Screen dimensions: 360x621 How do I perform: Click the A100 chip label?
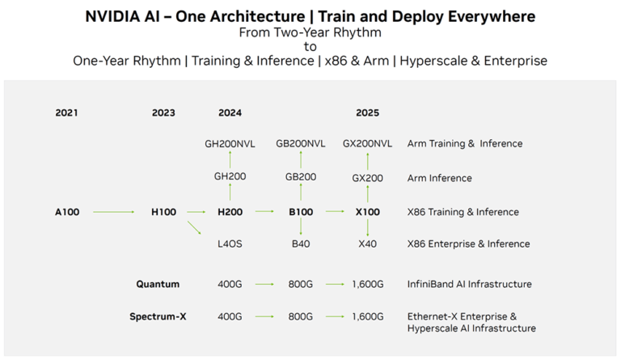68,212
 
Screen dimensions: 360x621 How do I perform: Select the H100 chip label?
164,212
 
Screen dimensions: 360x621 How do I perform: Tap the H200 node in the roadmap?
230,212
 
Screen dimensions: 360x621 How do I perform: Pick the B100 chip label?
300,212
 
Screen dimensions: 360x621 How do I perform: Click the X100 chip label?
367,212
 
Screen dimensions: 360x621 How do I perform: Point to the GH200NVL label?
230,143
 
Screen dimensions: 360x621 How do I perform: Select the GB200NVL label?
300,143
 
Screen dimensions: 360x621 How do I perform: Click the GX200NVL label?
367,143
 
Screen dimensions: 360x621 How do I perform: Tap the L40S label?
230,244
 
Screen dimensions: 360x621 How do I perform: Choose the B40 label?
300,244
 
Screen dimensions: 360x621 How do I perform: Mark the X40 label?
367,244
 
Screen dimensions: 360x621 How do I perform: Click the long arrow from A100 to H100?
114,212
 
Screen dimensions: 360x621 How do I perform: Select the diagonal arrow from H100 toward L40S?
194,229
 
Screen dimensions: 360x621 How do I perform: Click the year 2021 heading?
66,112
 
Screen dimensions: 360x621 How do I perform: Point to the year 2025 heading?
367,112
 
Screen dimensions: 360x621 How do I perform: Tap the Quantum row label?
158,284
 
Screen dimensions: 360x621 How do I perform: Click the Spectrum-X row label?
158,316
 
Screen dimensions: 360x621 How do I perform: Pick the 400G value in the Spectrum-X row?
230,316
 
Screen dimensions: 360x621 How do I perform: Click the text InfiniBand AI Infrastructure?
469,284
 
